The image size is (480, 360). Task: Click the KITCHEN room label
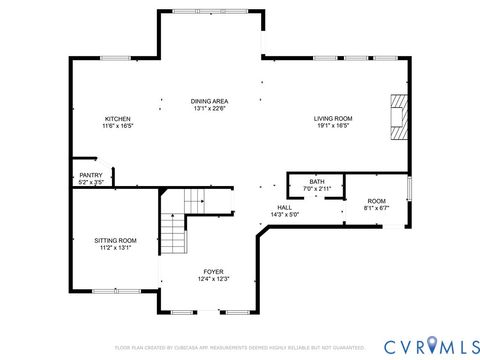coord(117,119)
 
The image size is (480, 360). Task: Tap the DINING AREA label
coord(211,102)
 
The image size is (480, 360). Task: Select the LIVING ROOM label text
coord(334,118)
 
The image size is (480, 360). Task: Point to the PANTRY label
coord(91,175)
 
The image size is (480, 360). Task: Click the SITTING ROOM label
coord(115,240)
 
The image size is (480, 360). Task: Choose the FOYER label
coord(214,271)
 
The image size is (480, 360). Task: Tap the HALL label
coord(285,207)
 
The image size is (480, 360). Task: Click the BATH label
coord(317,181)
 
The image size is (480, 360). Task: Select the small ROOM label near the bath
coord(376,201)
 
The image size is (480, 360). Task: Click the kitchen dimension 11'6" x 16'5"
coord(117,126)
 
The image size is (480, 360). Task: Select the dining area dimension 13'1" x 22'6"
coord(211,109)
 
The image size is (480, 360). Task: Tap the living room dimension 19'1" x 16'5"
coord(334,126)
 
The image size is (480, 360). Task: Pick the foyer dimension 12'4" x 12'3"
coord(214,278)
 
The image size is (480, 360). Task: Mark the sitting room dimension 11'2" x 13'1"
coord(115,247)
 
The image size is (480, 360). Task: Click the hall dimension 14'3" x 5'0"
coord(285,214)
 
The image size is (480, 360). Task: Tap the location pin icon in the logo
coord(433,345)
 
